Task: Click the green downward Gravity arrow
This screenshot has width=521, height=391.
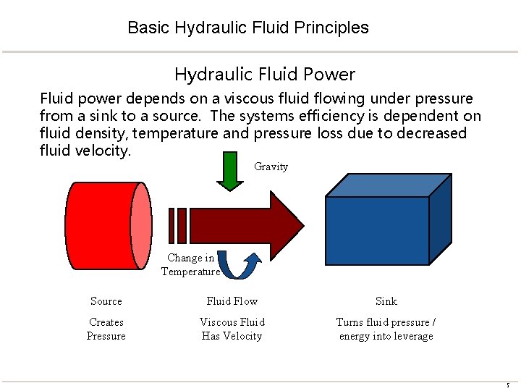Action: [230, 172]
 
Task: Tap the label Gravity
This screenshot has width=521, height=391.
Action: [271, 167]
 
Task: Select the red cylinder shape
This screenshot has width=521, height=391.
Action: [101, 225]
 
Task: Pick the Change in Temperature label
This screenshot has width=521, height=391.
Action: [190, 264]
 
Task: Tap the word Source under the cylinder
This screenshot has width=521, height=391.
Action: [106, 301]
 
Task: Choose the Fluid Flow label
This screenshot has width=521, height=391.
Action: [232, 301]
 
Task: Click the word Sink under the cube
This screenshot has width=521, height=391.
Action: [386, 301]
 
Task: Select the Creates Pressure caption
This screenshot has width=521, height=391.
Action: [106, 329]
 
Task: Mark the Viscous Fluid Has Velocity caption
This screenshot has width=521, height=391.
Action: [232, 329]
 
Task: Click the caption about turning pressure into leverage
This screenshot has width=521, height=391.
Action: [386, 329]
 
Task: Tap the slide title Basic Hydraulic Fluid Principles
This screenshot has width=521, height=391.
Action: [248, 28]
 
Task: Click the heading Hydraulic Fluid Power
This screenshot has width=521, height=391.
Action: [264, 74]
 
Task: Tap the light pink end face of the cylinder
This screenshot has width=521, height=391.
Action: [142, 225]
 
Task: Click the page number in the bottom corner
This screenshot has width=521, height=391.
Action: [509, 384]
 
